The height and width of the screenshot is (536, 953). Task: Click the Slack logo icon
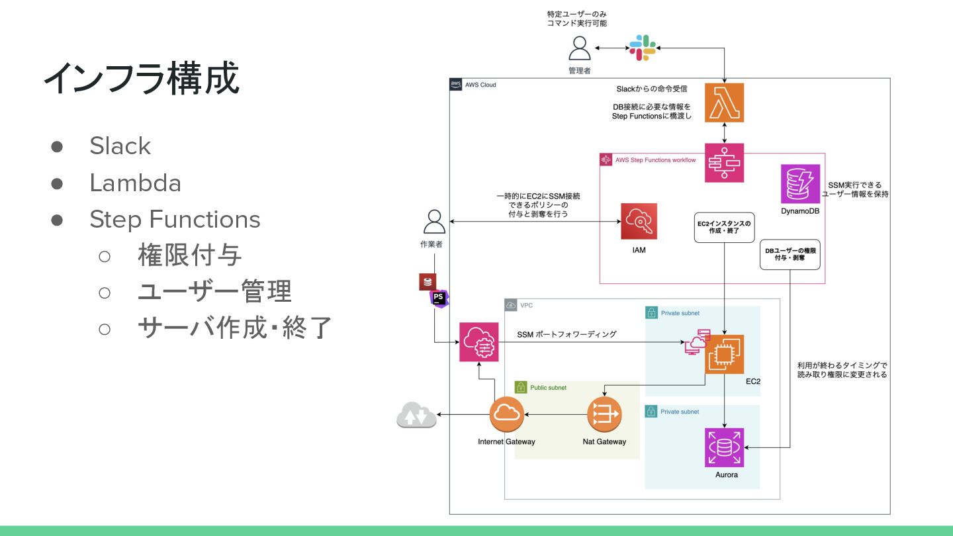642,48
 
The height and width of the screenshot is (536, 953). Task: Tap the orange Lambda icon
724,103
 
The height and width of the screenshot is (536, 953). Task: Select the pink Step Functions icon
724,163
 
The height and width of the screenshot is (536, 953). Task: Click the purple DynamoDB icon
800,184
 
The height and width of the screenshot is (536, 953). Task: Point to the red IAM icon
639,222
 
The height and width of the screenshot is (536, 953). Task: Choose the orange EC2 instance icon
724,354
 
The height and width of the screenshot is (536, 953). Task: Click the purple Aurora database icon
724,448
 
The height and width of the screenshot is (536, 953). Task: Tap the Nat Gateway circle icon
604,414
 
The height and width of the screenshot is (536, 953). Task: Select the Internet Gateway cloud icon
507,414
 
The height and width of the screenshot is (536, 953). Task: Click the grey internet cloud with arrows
416,415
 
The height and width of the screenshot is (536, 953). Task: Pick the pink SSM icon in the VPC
478,342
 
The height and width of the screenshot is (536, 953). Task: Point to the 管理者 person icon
579,48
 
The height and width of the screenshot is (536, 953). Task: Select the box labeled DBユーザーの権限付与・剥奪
790,255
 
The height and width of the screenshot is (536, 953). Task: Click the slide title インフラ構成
141,79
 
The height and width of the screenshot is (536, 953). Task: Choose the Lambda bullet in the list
135,183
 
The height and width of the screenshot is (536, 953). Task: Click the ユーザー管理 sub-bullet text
214,291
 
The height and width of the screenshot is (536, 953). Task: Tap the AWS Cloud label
480,85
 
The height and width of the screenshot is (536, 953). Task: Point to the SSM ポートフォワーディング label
567,334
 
